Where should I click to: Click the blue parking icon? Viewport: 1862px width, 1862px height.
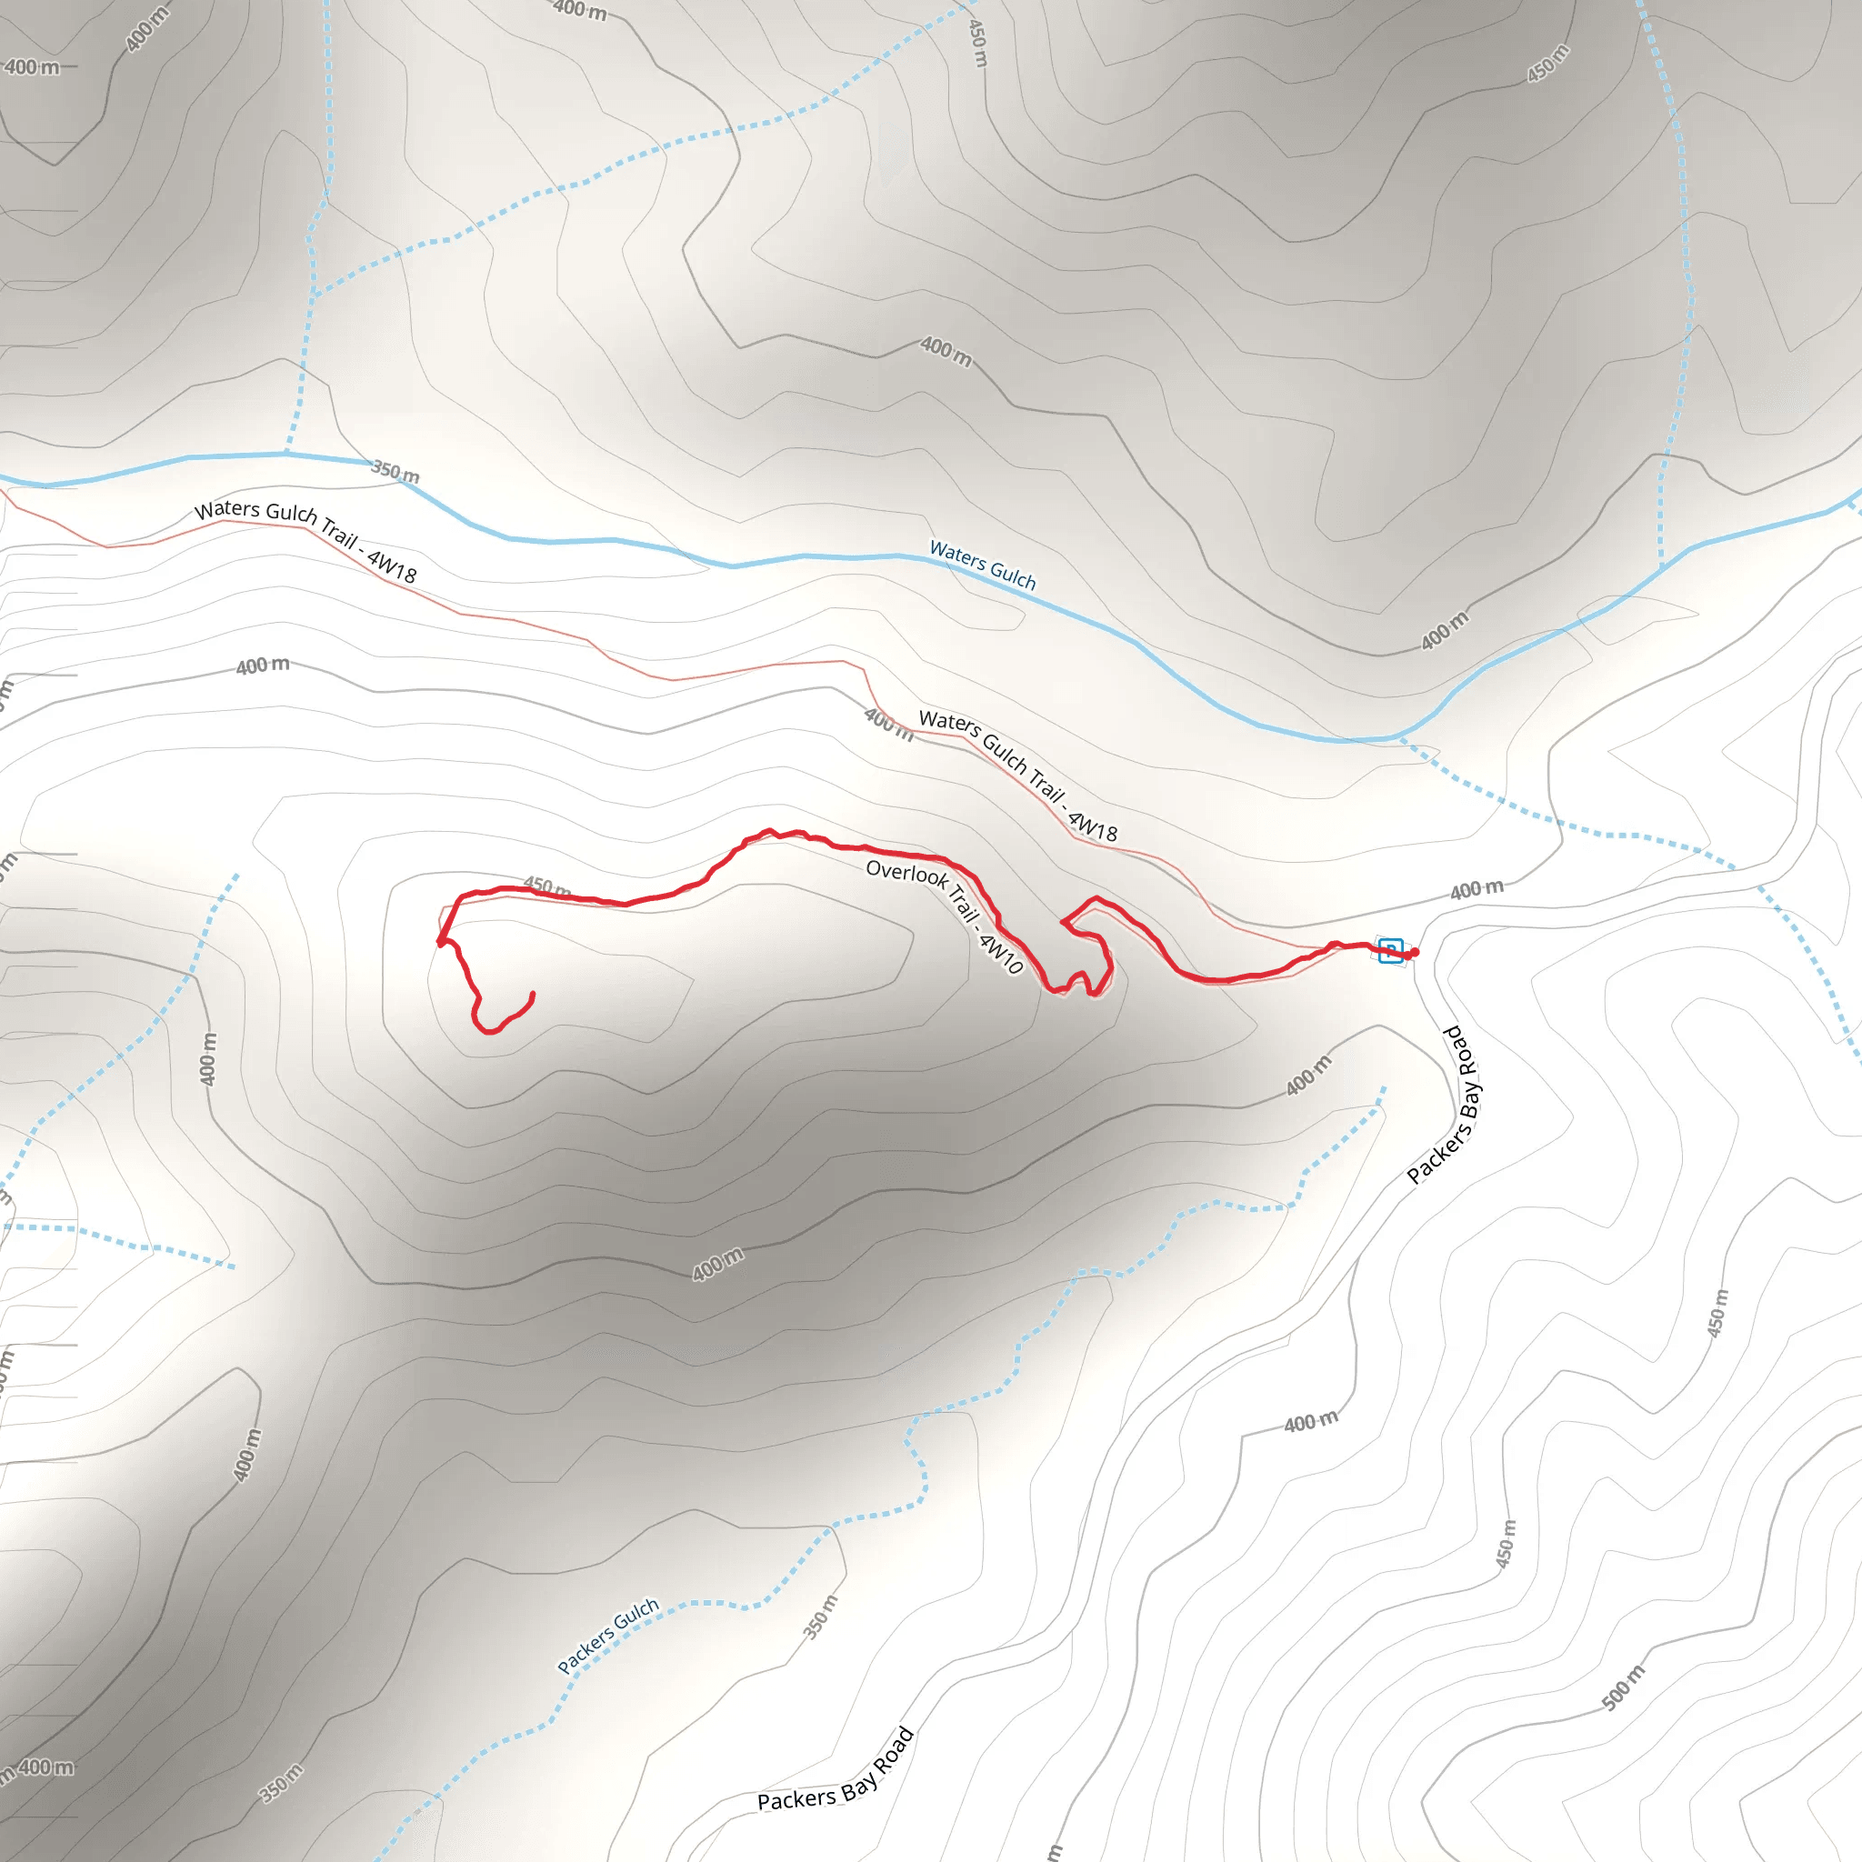pos(1390,950)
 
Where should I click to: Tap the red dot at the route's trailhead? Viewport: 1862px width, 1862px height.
pos(1414,953)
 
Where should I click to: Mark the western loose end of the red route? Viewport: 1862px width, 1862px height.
pos(533,994)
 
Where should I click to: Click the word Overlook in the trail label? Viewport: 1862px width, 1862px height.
pos(906,872)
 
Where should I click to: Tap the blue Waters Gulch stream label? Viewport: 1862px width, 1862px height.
pos(982,565)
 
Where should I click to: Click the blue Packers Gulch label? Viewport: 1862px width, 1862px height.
pos(608,1635)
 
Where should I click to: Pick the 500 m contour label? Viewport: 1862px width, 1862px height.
pos(1623,1687)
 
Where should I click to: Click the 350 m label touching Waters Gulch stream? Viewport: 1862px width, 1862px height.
pos(395,472)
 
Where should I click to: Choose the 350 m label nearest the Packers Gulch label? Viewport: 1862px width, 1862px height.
pos(821,1617)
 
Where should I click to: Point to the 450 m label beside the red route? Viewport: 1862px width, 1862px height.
pos(546,886)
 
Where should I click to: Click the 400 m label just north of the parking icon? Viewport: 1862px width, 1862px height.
pos(1477,888)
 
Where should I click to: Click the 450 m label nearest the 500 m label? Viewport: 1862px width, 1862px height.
pos(1506,1543)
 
